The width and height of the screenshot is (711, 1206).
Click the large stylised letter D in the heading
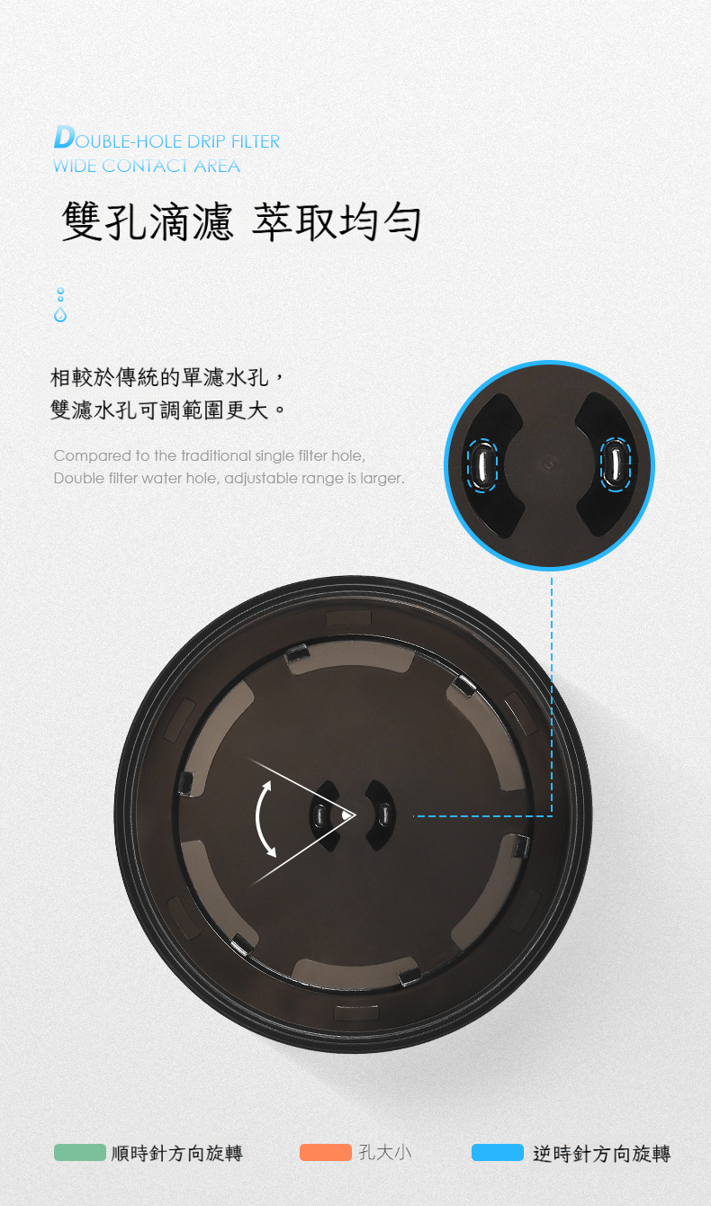coord(65,137)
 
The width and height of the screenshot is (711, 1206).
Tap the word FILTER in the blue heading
coord(255,141)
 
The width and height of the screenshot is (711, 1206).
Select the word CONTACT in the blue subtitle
coord(145,166)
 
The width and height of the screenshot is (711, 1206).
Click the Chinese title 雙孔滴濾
coord(148,221)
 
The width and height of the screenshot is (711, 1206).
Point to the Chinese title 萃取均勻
coord(337,221)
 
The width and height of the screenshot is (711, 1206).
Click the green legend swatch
coord(80,1152)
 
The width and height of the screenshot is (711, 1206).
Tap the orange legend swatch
coord(326,1152)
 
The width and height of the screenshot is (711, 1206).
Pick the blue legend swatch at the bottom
coord(498,1152)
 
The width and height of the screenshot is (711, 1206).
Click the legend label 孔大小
coord(385,1153)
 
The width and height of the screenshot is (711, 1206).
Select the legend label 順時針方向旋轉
coord(177,1153)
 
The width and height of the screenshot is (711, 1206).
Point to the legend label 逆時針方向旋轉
coord(602,1153)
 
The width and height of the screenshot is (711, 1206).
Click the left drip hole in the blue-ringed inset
coord(482,464)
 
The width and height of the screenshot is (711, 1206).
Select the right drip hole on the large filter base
coord(384,814)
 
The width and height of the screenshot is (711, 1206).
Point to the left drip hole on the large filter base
coord(319,815)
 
